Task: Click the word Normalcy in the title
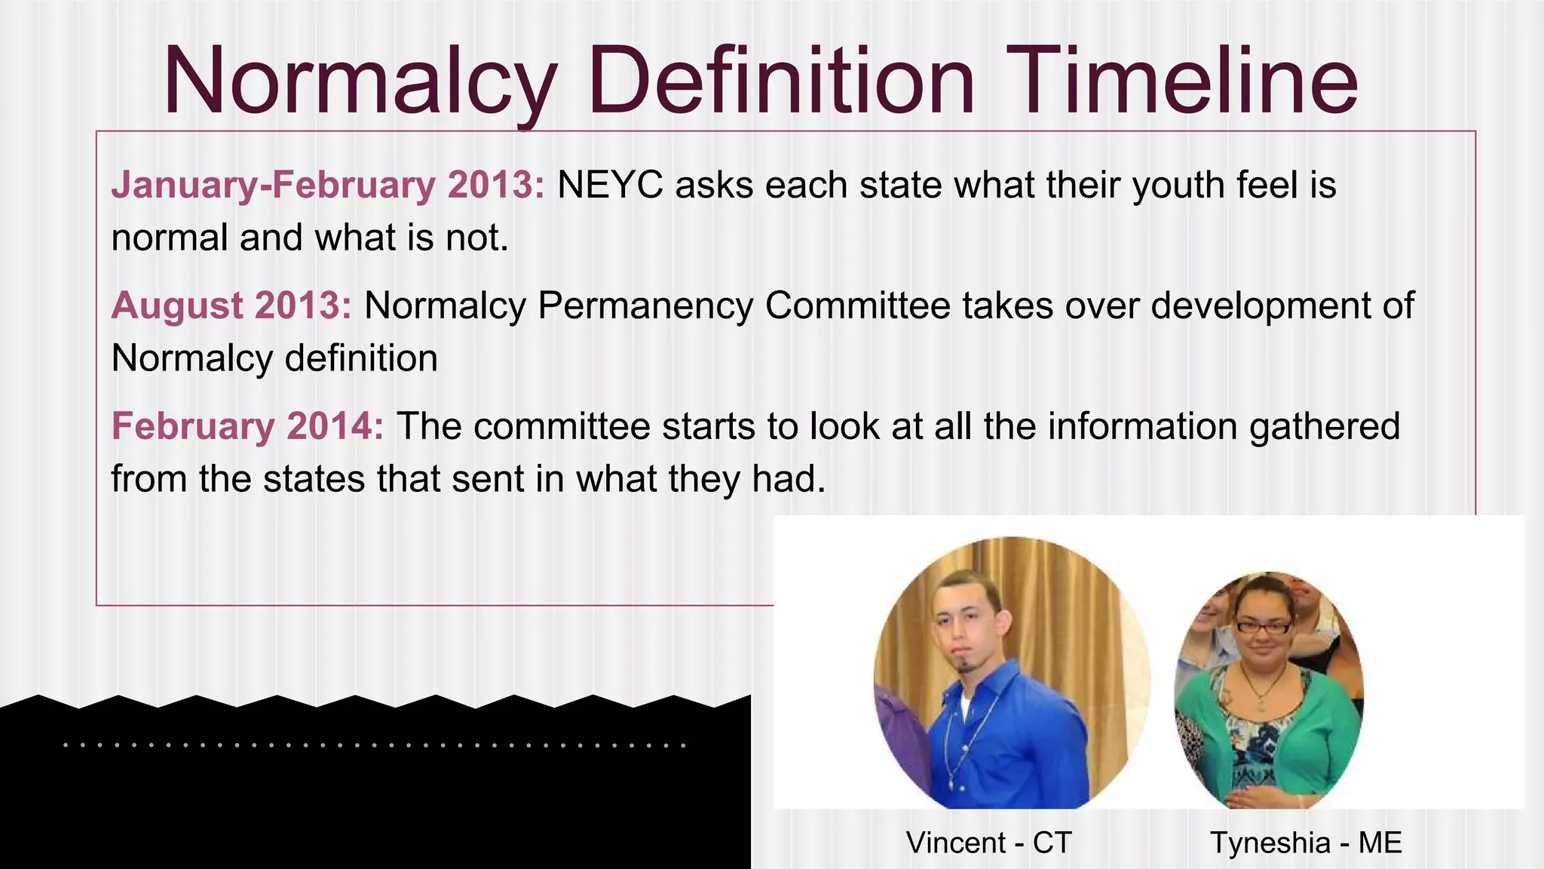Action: tap(360, 81)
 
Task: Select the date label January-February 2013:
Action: tap(328, 186)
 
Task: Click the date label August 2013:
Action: tap(231, 306)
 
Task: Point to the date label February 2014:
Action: tap(247, 427)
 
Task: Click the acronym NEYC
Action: tap(610, 186)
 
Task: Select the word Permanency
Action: tap(645, 306)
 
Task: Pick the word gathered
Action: tap(1325, 427)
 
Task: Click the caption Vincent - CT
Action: tap(988, 843)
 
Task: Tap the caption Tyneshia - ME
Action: tap(1306, 843)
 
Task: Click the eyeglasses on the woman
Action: tap(1263, 626)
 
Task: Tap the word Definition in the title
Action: tap(781, 81)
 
